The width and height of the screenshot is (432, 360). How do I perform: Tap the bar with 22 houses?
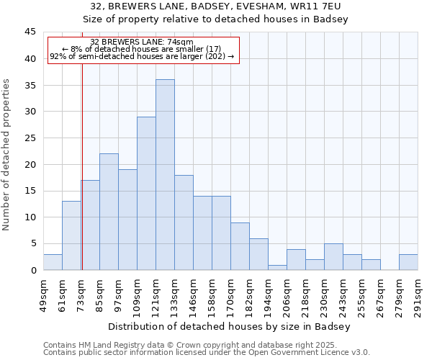[109, 212]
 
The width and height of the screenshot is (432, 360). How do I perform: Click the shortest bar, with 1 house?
[277, 267]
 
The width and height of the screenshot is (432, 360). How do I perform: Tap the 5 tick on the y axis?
[32, 244]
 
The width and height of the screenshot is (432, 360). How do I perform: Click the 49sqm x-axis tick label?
[43, 294]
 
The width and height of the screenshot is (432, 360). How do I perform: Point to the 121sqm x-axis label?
[156, 294]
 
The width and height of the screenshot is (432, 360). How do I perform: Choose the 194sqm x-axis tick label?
[268, 294]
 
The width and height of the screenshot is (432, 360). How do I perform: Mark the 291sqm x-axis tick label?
[418, 294]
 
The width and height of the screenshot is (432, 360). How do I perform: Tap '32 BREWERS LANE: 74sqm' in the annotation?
[142, 42]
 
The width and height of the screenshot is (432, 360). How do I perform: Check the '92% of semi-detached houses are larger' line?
[142, 56]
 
